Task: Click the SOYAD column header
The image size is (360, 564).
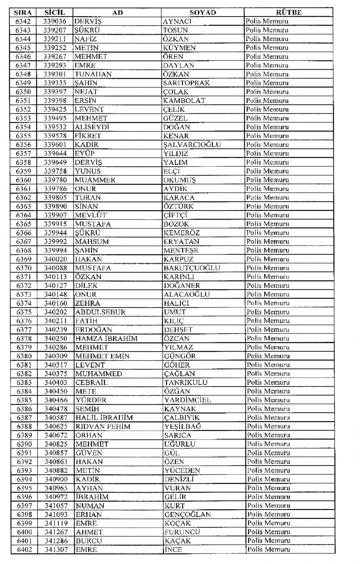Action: coord(202,12)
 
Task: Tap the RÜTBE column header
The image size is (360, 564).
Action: coord(288,12)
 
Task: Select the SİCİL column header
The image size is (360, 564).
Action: coord(54,12)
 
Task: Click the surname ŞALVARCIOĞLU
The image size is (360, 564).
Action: coord(192,145)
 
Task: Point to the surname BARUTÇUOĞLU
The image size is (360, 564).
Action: coord(192,268)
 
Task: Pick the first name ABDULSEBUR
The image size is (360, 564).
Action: coord(100,312)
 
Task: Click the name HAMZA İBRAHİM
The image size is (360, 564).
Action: coord(106,338)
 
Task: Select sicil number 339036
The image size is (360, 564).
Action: coord(55,21)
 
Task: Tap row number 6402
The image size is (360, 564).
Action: coord(24,549)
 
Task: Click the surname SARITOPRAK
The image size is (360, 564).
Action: coord(186,83)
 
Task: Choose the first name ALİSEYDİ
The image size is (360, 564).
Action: coord(92,127)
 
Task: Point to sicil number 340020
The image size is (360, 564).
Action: coord(55,259)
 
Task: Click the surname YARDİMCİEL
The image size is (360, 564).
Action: coord(187,400)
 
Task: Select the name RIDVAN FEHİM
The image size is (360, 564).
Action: coord(103,426)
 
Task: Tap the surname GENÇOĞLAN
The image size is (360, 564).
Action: coord(187,515)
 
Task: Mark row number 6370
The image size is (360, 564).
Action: coord(24,268)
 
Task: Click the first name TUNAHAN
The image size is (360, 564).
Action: coord(93,74)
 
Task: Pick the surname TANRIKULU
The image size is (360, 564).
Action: coord(186,382)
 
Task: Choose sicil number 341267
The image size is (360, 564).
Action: coord(56,532)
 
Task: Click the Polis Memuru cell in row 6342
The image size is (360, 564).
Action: coord(267,21)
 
